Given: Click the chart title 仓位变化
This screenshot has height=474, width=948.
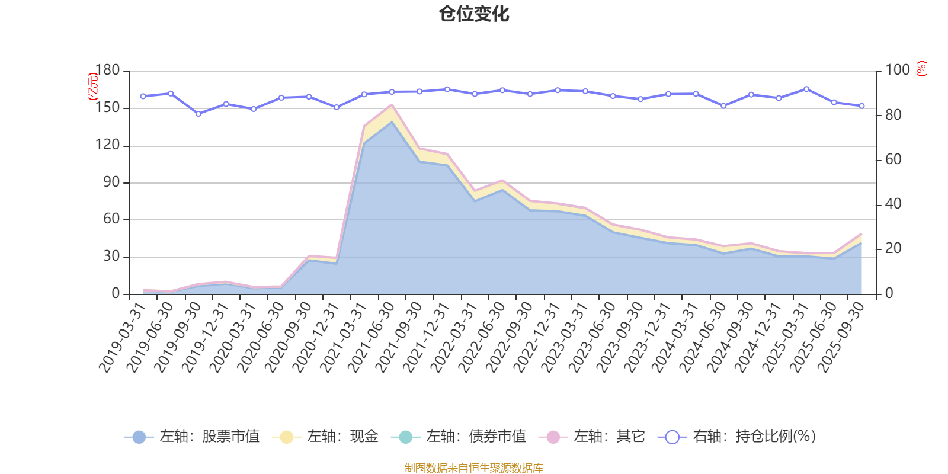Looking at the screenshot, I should pyautogui.click(x=474, y=14).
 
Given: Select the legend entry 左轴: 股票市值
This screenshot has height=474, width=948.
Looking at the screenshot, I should pyautogui.click(x=193, y=437).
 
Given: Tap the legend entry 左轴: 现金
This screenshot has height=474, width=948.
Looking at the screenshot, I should pyautogui.click(x=325, y=437).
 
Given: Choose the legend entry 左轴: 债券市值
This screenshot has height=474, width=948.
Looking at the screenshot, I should pyautogui.click(x=459, y=437).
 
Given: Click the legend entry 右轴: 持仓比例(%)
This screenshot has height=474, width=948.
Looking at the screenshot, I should pyautogui.click(x=737, y=437).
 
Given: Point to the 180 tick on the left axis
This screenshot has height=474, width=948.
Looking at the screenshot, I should pyautogui.click(x=107, y=71).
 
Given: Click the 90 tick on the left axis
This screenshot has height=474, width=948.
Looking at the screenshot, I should pyautogui.click(x=111, y=182).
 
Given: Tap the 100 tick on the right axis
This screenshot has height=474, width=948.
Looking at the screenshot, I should pyautogui.click(x=897, y=71).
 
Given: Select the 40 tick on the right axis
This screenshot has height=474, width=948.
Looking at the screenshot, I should pyautogui.click(x=893, y=204).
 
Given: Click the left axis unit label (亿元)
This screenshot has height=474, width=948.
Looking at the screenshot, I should pyautogui.click(x=93, y=87).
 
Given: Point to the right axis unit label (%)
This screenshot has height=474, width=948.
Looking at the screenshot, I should pyautogui.click(x=921, y=69).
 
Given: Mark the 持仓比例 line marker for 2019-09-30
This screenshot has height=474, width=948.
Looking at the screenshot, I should pyautogui.click(x=198, y=113).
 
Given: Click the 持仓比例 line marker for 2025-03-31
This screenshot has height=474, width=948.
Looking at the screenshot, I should pyautogui.click(x=806, y=89).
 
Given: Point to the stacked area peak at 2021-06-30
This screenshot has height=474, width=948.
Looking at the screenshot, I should pyautogui.click(x=392, y=105).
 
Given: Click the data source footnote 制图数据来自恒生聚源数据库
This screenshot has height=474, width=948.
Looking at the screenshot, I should pyautogui.click(x=474, y=468).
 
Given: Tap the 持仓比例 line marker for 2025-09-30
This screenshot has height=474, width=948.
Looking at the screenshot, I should pyautogui.click(x=861, y=105).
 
